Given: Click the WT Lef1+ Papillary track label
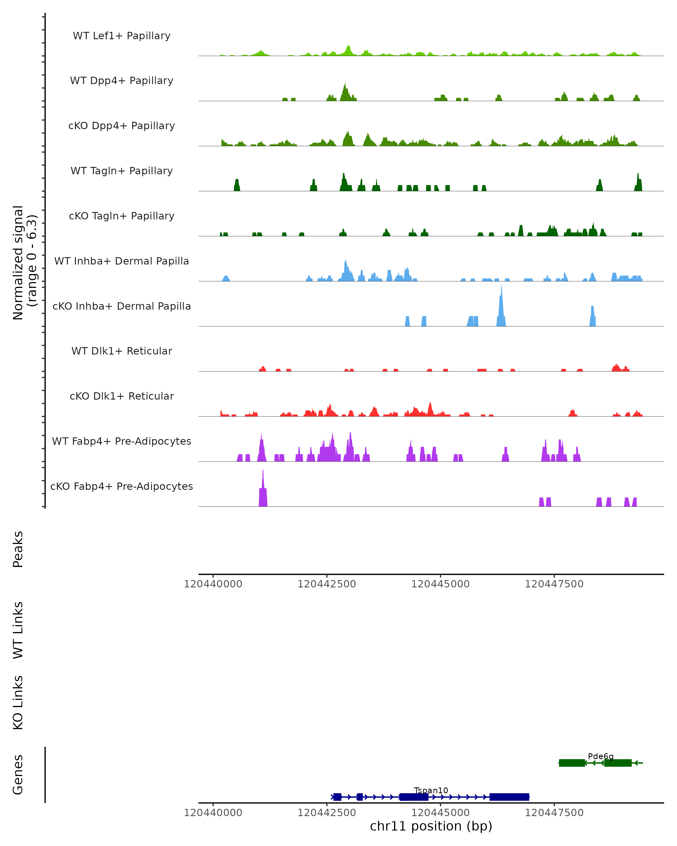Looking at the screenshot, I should pos(122,36).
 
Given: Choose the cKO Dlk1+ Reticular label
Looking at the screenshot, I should pos(122,396).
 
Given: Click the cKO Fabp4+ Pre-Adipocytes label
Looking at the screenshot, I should pos(122,486).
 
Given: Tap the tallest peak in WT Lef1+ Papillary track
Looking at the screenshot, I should pos(348,49).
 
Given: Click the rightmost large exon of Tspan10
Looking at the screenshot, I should pos(509,797).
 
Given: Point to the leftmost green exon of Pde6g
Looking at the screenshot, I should pos(572,763).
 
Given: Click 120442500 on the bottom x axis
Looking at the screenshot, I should pos(327,813).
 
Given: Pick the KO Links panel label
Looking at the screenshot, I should pos(18,702).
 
